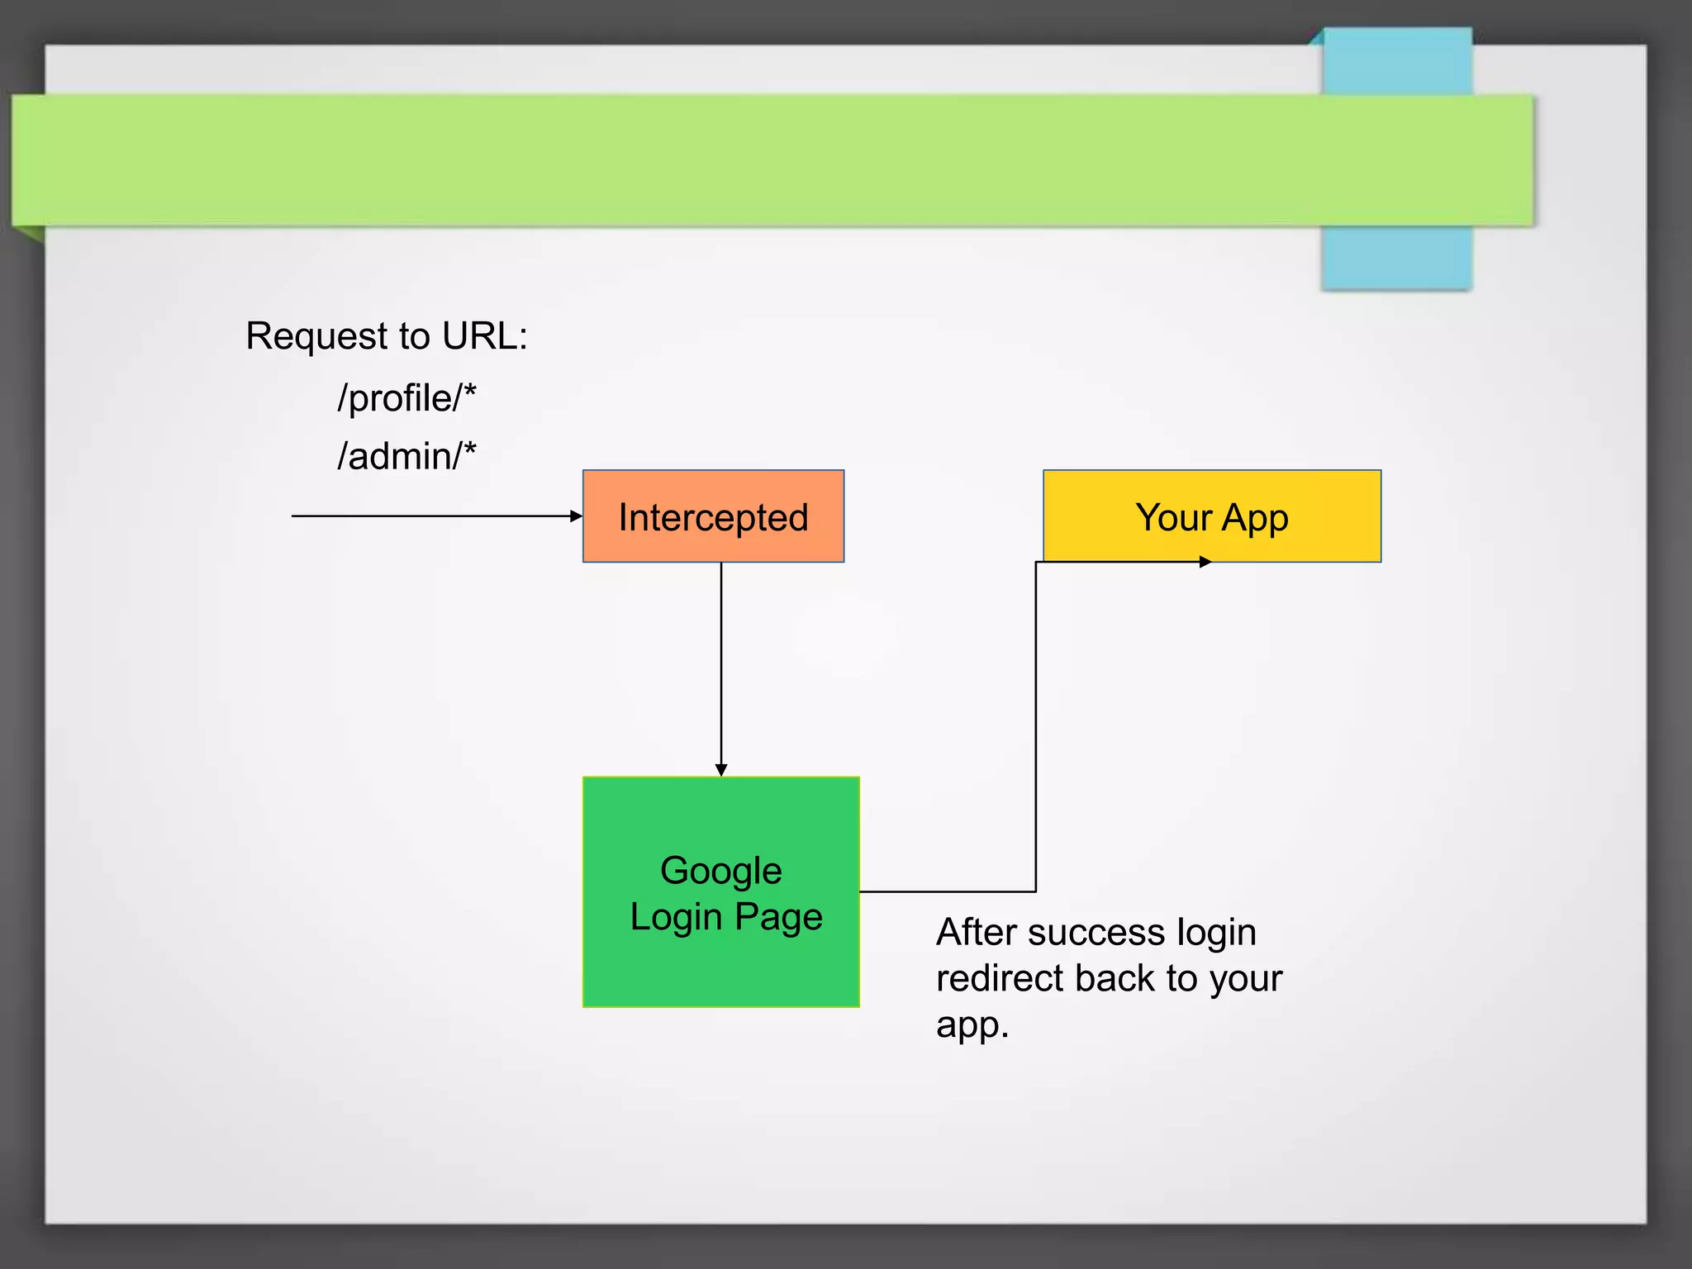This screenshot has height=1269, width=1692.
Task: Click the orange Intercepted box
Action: (713, 516)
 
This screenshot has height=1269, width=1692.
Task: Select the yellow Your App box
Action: (1211, 516)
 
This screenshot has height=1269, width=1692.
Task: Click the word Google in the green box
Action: (720, 871)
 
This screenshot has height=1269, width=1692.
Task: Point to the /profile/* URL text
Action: (406, 398)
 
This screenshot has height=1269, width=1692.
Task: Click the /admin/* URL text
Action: (406, 456)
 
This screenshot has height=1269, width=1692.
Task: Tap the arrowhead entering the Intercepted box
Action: (577, 516)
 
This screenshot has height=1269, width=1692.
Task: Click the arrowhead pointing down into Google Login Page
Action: (721, 770)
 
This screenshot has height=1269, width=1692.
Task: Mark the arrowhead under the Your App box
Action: (1205, 562)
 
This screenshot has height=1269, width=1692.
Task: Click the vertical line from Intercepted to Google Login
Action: (721, 661)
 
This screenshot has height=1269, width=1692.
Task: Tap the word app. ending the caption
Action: (972, 1025)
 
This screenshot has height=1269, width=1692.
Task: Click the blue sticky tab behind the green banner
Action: (1396, 256)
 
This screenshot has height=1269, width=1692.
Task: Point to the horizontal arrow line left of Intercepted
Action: (430, 516)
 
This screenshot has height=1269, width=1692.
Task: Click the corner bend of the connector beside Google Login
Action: (1036, 891)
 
